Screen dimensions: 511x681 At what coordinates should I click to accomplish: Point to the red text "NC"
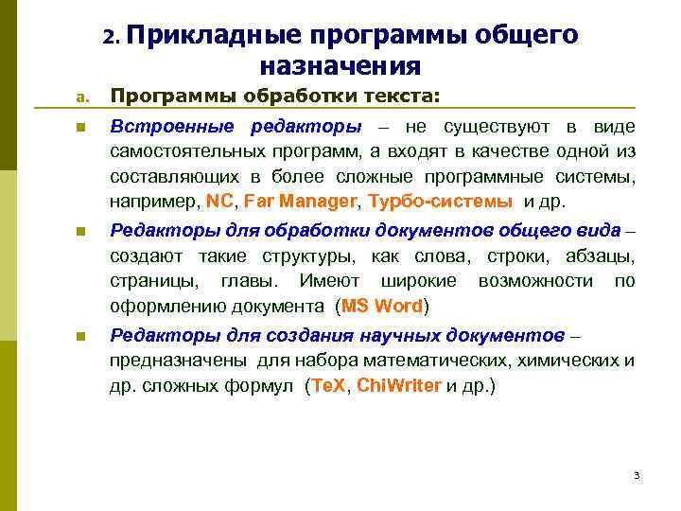tap(218, 201)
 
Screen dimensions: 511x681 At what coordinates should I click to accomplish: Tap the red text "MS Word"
tap(382, 306)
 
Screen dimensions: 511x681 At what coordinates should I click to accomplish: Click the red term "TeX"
tap(329, 386)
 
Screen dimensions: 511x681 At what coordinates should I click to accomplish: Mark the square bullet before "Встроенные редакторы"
tap(82, 128)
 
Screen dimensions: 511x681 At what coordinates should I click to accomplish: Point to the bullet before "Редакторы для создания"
tap(82, 337)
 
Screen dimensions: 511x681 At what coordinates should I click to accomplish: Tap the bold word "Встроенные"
tap(175, 127)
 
